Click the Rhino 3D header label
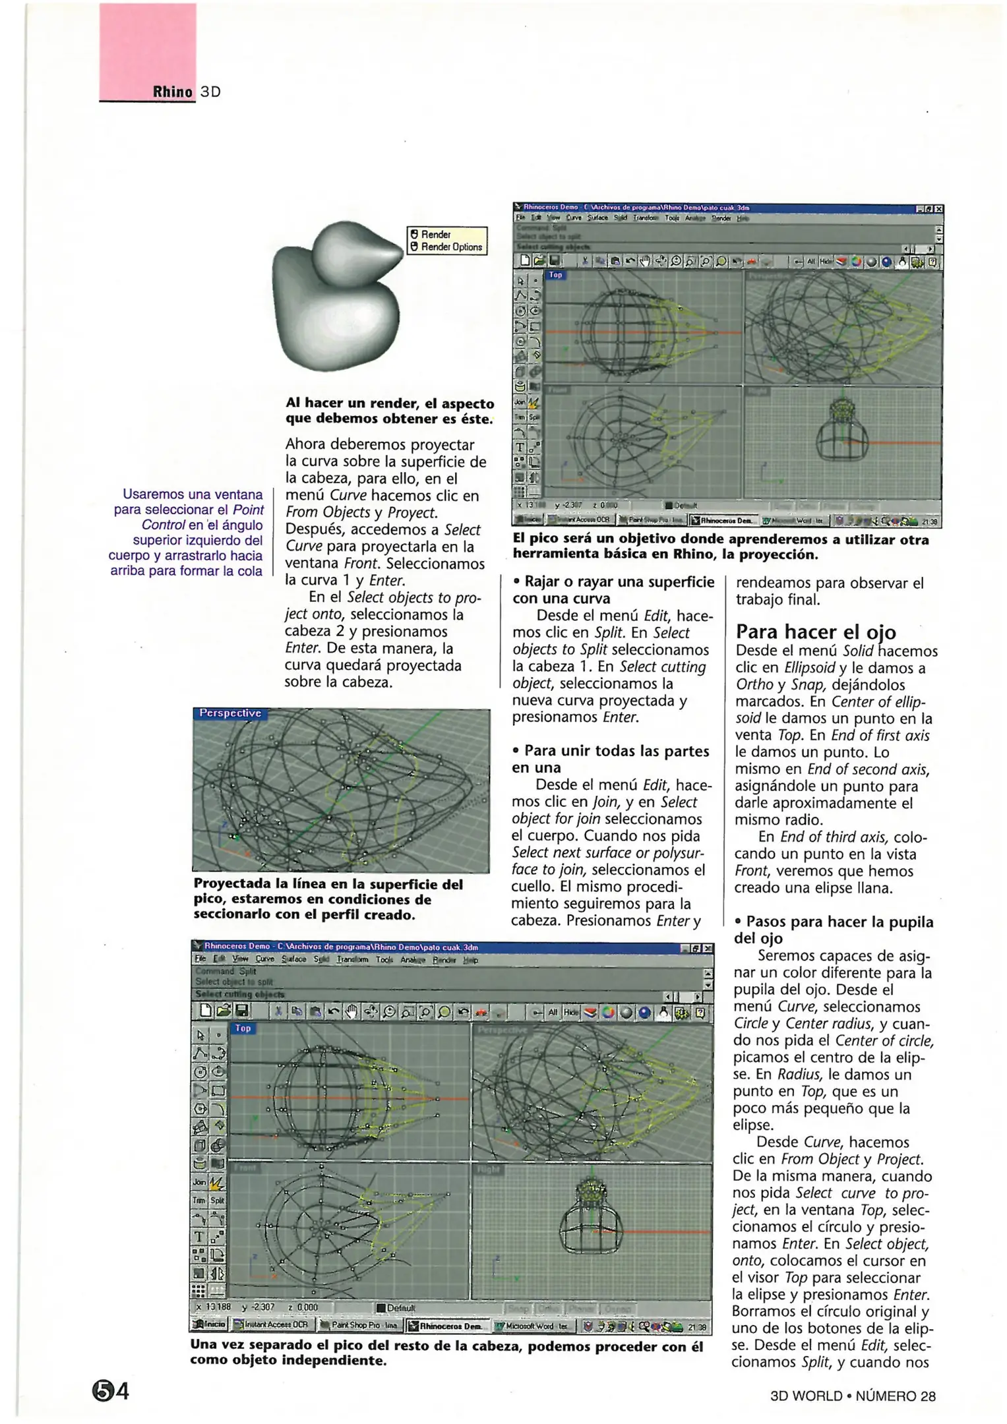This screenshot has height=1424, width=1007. click(186, 92)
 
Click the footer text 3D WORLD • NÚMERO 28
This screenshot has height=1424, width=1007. click(852, 1396)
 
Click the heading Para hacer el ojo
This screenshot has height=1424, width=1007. click(816, 632)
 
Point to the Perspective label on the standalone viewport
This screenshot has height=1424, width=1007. click(230, 713)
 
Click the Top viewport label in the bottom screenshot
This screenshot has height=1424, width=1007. click(243, 1028)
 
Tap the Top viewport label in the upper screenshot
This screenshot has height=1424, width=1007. click(555, 275)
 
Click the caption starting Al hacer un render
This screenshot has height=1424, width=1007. click(389, 411)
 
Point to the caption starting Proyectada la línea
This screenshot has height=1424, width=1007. click(328, 899)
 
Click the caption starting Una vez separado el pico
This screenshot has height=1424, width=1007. click(446, 1353)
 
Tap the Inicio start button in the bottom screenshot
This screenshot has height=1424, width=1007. click(208, 1324)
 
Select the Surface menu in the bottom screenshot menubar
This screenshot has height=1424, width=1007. click(293, 960)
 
